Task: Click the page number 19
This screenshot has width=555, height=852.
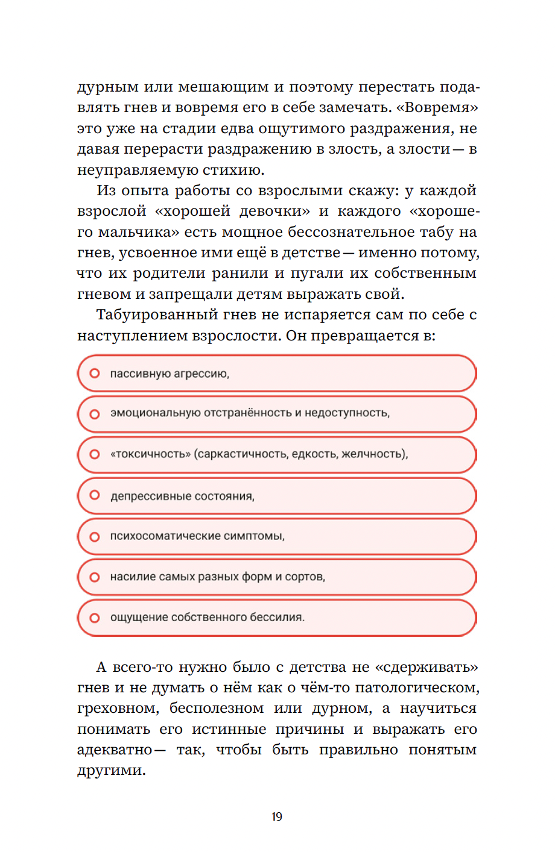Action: [x=277, y=816]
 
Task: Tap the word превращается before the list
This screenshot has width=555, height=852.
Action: [x=367, y=336]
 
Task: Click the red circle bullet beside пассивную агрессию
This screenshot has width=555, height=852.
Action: [x=95, y=374]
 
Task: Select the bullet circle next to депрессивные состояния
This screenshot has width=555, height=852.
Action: [x=95, y=495]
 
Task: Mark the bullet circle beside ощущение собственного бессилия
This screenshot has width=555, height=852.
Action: [x=95, y=618]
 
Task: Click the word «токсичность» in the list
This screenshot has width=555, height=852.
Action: [x=150, y=454]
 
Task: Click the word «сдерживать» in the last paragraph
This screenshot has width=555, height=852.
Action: [x=427, y=667]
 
